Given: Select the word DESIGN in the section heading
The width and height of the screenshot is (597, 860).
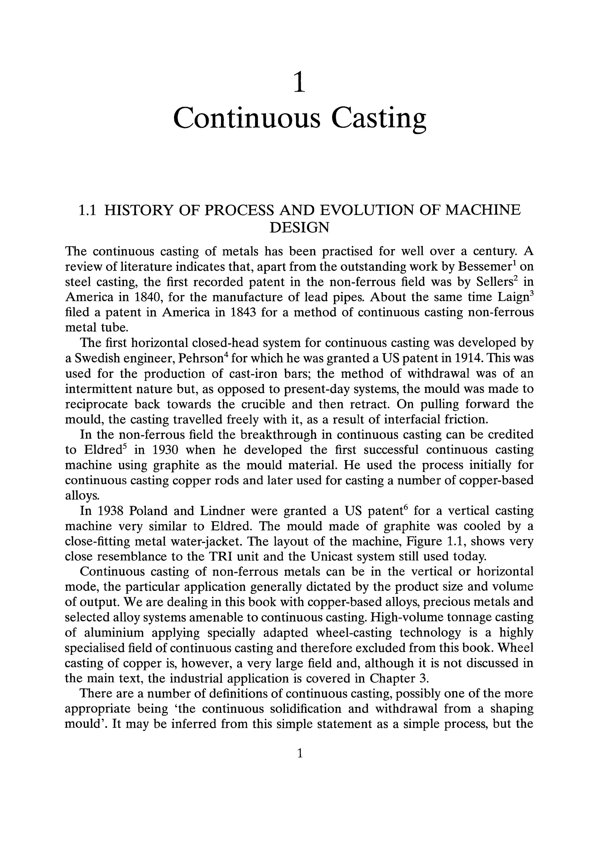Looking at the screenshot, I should (x=299, y=227).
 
